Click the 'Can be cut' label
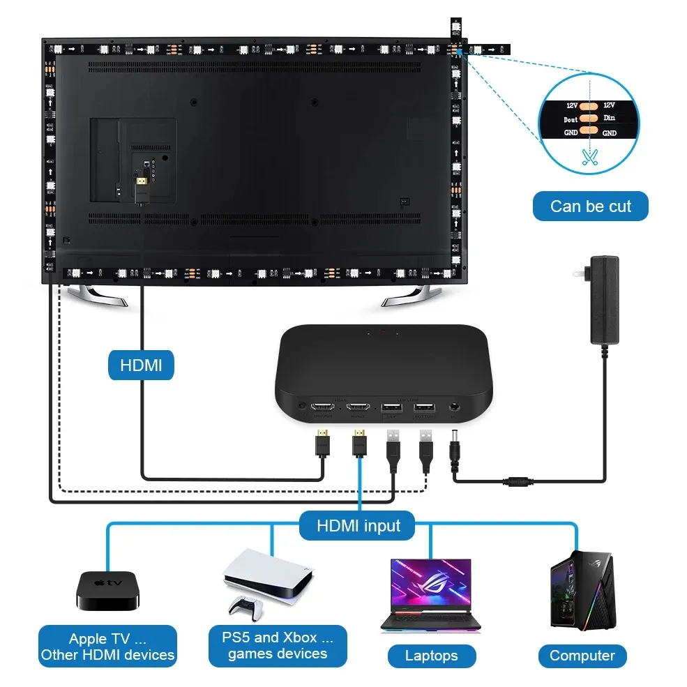(590, 206)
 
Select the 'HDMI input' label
(358, 526)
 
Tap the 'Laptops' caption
(431, 656)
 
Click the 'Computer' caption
(582, 656)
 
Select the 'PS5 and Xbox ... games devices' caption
(278, 645)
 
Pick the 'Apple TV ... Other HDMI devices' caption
(107, 647)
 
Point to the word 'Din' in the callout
(610, 119)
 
